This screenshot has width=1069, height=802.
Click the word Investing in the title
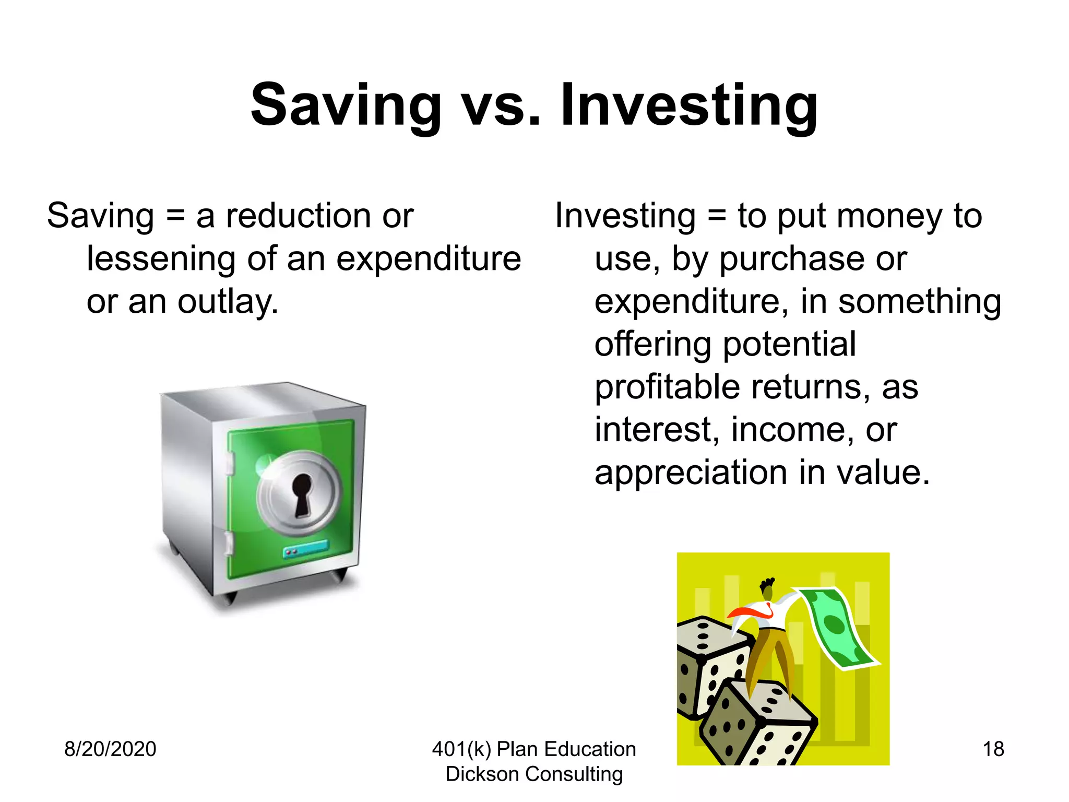point(689,106)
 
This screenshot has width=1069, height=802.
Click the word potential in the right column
point(789,345)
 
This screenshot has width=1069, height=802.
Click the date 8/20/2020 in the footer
point(110,749)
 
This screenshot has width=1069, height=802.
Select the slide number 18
point(993,749)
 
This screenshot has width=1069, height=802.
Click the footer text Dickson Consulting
point(534,774)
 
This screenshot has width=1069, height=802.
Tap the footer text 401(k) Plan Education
point(534,749)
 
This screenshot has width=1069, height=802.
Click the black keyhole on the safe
point(302,494)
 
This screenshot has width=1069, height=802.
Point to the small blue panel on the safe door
point(305,549)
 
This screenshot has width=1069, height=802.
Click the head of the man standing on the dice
point(768,591)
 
